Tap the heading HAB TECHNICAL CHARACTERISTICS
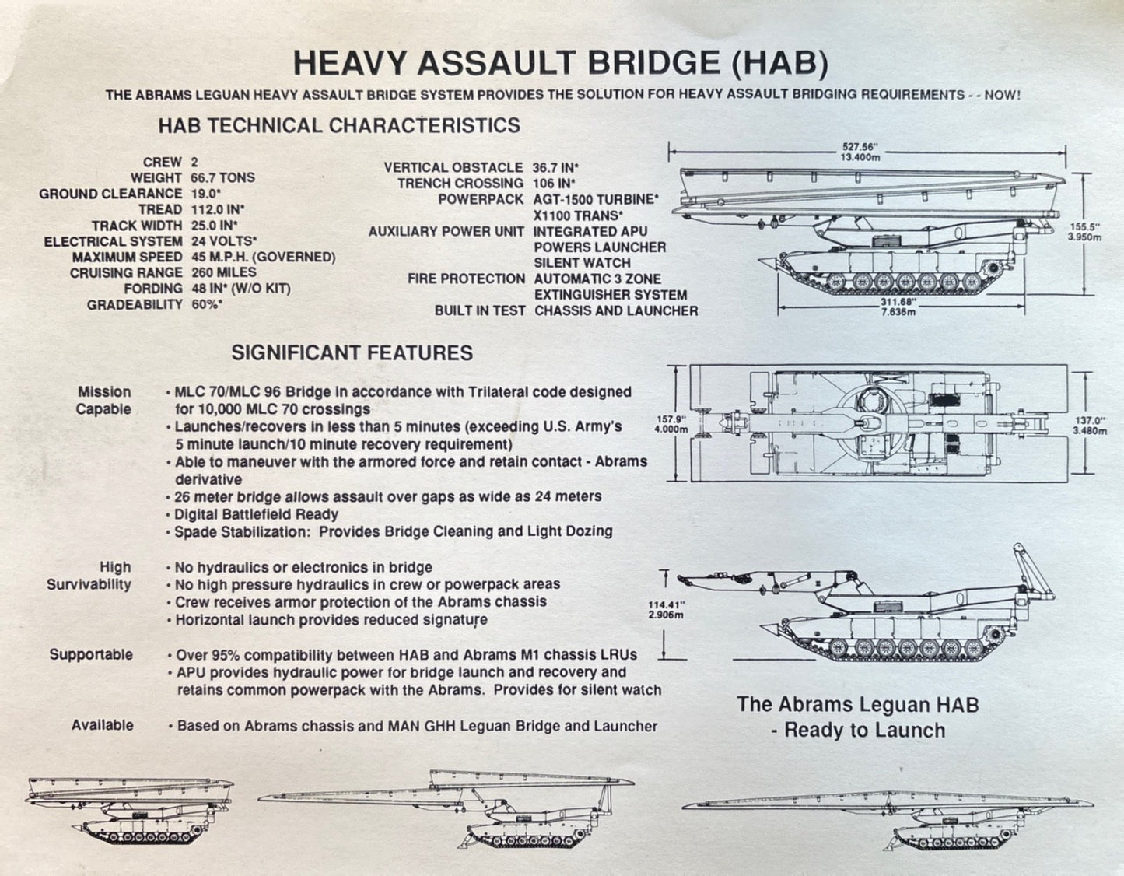[339, 125]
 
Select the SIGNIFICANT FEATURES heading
[352, 353]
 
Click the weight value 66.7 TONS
[222, 178]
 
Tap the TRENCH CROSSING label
[460, 184]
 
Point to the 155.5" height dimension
[1084, 226]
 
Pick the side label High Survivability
[89, 576]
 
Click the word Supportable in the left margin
[91, 654]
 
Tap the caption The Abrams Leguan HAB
[857, 705]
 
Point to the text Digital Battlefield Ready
[256, 514]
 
